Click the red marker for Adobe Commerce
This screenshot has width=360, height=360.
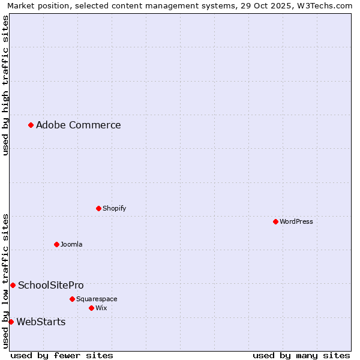[31, 125]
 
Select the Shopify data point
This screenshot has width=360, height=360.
[99, 208]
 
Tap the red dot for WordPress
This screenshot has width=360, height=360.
[275, 221]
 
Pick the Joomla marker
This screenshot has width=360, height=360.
[56, 244]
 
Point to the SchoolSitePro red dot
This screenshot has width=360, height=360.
[13, 285]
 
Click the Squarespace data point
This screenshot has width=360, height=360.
[72, 299]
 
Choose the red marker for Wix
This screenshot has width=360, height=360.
[91, 308]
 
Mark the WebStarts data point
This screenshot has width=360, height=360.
[11, 322]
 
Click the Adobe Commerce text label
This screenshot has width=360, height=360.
[78, 125]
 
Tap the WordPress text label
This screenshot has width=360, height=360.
[296, 221]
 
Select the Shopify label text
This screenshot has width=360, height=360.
[114, 208]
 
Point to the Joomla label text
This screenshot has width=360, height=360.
[71, 244]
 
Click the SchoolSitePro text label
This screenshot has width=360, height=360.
[50, 285]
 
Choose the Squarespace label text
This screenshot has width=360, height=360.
[97, 299]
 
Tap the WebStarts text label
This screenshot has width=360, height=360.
[41, 322]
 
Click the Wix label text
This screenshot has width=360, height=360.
[101, 308]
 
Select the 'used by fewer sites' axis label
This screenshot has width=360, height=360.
[62, 355]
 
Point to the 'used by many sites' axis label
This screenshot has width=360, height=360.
[301, 355]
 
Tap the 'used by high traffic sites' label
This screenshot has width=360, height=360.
[5, 85]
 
